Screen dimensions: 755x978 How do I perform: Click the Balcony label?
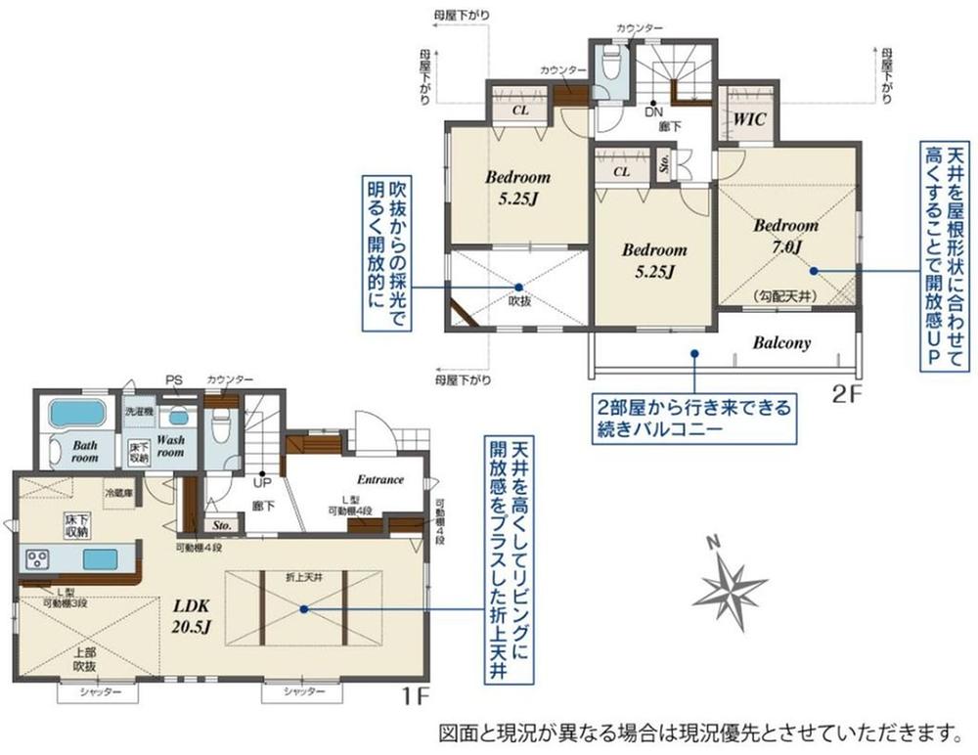point(782,343)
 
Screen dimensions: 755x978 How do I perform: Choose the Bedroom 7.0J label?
point(785,235)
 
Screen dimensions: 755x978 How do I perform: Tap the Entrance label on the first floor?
point(380,479)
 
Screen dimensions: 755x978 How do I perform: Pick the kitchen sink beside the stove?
point(100,559)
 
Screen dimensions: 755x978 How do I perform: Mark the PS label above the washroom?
point(174,380)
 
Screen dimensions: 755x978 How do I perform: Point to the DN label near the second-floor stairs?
point(652,111)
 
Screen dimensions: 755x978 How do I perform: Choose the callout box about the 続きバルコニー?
point(694,417)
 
